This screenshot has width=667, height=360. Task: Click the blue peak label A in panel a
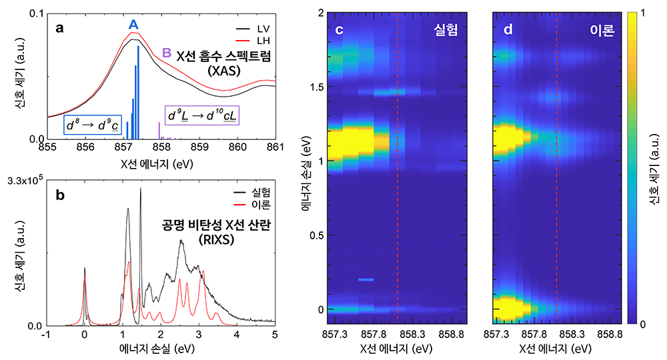[133, 25]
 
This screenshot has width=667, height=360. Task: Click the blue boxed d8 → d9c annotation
[92, 125]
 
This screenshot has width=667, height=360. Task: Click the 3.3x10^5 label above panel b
[23, 181]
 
